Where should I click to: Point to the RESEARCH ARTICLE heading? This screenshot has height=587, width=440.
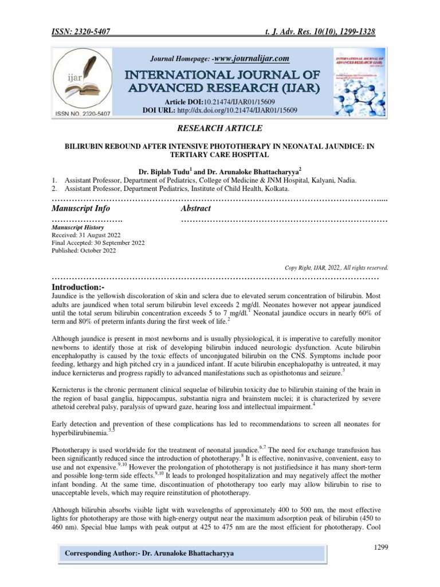pos(220,128)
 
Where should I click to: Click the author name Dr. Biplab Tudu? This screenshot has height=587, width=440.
pos(163,171)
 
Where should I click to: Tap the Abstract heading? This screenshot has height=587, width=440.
pos(196,208)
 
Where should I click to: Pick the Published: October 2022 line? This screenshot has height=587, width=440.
pos(84,251)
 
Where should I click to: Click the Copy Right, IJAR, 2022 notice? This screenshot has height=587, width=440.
pos(336,267)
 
